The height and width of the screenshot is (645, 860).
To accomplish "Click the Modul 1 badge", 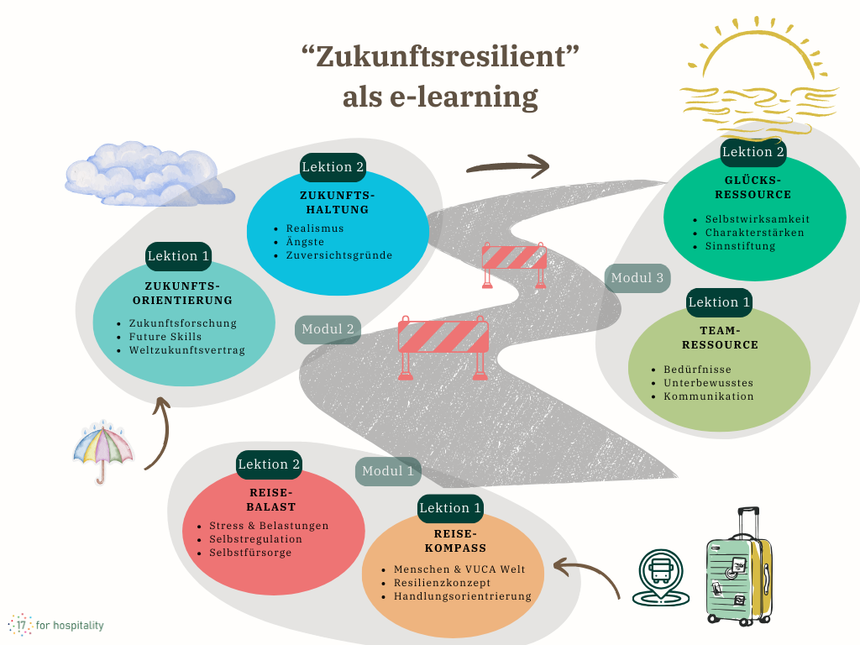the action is [388, 471].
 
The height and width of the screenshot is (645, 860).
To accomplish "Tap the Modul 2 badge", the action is [328, 329].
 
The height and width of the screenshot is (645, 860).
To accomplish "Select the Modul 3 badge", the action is [637, 278].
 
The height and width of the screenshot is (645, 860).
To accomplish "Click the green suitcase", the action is [738, 566].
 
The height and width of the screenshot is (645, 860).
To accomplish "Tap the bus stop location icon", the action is [661, 578].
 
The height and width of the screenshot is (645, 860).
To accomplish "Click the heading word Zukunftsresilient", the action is [440, 56].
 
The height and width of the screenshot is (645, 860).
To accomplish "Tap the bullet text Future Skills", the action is [165, 337].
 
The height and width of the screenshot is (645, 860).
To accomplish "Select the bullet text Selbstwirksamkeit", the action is [758, 219].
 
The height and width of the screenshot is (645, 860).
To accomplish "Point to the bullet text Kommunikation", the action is [709, 396].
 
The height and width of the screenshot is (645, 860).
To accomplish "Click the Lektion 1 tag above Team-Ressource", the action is [719, 302].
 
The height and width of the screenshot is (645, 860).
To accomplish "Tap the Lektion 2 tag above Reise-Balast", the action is [269, 464].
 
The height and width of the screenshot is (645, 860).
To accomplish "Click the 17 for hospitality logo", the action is [56, 625].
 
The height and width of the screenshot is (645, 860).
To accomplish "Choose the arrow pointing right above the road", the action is [508, 166].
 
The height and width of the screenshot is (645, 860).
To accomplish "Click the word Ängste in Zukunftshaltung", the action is [305, 242].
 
